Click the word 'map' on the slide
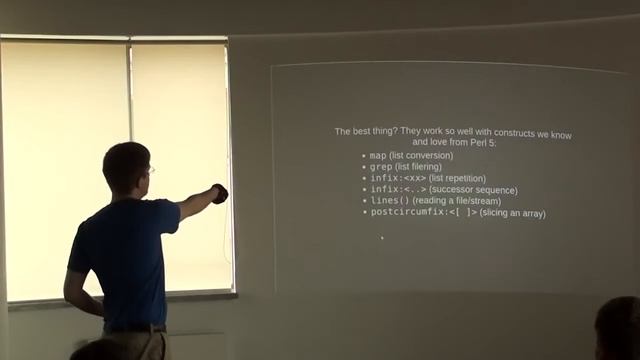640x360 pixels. click(377, 156)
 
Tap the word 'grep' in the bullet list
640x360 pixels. click(379, 167)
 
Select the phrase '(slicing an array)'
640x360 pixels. click(512, 213)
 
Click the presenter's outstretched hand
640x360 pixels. click(219, 193)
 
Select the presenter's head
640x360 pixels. click(126, 168)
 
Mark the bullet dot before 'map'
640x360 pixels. click(364, 157)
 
